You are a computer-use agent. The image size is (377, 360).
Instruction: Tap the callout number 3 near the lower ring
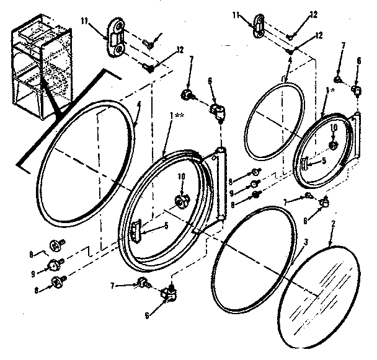306,241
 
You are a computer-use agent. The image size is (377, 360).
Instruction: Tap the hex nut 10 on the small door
333,146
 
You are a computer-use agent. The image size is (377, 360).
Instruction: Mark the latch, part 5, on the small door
306,162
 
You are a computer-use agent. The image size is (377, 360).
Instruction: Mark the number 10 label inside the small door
333,128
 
